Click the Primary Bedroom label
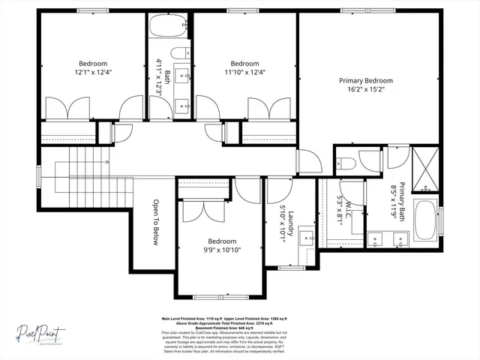pos(365,80)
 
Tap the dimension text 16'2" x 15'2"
pos(365,89)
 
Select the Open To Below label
pos(156,221)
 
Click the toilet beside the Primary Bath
pos(346,163)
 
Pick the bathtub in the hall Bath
pos(167,28)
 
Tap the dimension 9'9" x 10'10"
pos(222,250)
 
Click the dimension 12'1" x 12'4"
pos(93,73)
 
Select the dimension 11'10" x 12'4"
pos(244,73)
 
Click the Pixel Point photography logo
pos(42,331)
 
